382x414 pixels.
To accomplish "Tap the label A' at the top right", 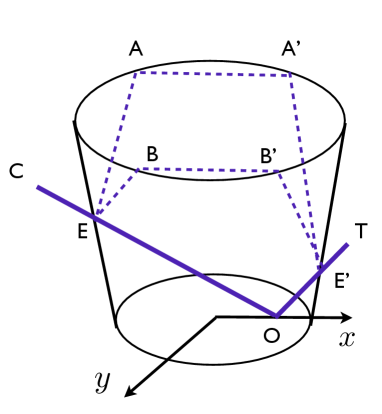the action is click(x=293, y=48).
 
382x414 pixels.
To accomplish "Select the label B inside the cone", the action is click(x=152, y=154).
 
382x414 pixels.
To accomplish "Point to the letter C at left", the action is click(x=16, y=173).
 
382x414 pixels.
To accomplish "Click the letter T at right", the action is click(x=360, y=231).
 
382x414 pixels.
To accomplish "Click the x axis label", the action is click(x=347, y=338).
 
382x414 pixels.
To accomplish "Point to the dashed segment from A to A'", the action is click(x=213, y=73).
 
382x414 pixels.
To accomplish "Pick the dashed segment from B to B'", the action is click(x=208, y=170).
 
